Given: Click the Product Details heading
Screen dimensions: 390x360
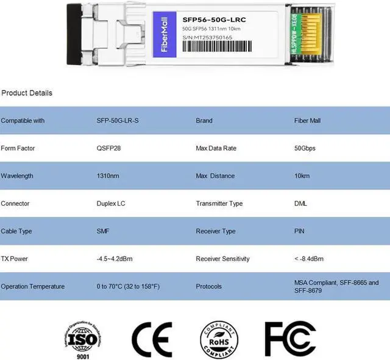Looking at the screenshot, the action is [x=27, y=93].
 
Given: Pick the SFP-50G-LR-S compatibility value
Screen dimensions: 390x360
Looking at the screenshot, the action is [x=118, y=121].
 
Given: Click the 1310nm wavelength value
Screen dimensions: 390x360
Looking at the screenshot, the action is [x=108, y=176].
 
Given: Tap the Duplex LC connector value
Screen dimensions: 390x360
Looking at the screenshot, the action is [x=112, y=203].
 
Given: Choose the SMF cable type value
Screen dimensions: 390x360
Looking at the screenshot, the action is [x=103, y=231].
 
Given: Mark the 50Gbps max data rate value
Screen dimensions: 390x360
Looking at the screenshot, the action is [x=305, y=148].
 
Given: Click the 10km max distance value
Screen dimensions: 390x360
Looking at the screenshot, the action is [x=302, y=176].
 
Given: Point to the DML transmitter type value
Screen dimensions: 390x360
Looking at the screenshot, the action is [x=300, y=203].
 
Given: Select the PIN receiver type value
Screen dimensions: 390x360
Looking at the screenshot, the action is [x=299, y=231].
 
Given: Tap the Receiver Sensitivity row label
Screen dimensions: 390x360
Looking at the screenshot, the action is [x=222, y=259].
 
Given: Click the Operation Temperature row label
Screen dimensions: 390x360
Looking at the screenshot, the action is [x=33, y=286].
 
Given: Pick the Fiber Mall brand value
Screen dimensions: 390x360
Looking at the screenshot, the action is [x=307, y=121].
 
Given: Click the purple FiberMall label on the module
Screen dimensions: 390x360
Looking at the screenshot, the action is [x=165, y=35].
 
